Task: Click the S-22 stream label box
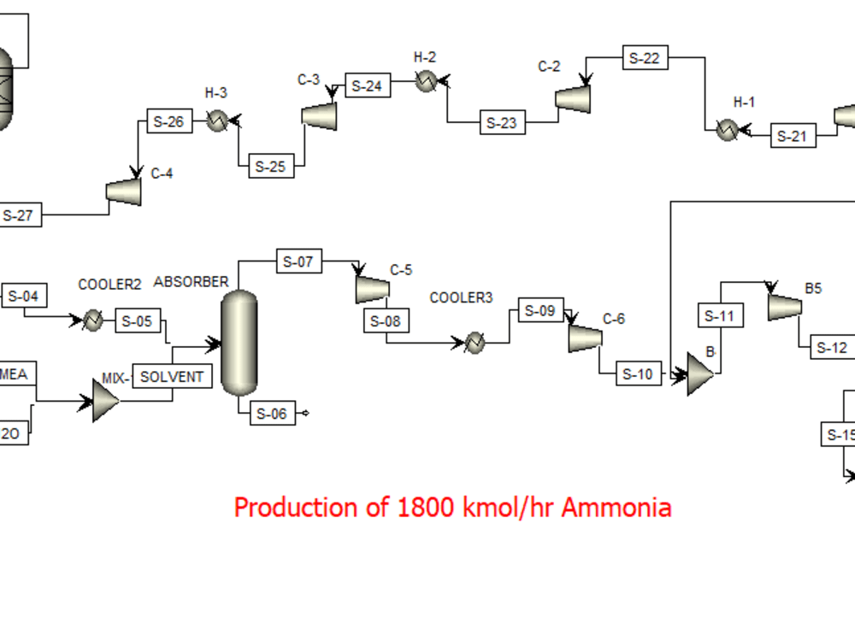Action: (x=645, y=58)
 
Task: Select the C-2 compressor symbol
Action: (x=574, y=98)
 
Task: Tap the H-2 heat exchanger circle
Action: (x=426, y=81)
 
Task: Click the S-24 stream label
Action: (x=368, y=85)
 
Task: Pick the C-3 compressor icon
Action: (x=319, y=115)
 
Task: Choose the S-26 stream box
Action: (x=168, y=121)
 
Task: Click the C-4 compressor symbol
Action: (x=124, y=191)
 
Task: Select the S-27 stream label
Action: (x=19, y=215)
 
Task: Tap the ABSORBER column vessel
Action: (x=239, y=343)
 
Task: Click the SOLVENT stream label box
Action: (x=172, y=376)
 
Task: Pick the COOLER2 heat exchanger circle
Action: (x=92, y=320)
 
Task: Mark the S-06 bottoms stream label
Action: (x=272, y=414)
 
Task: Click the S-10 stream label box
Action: (x=638, y=373)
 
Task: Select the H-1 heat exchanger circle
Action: (x=727, y=130)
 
